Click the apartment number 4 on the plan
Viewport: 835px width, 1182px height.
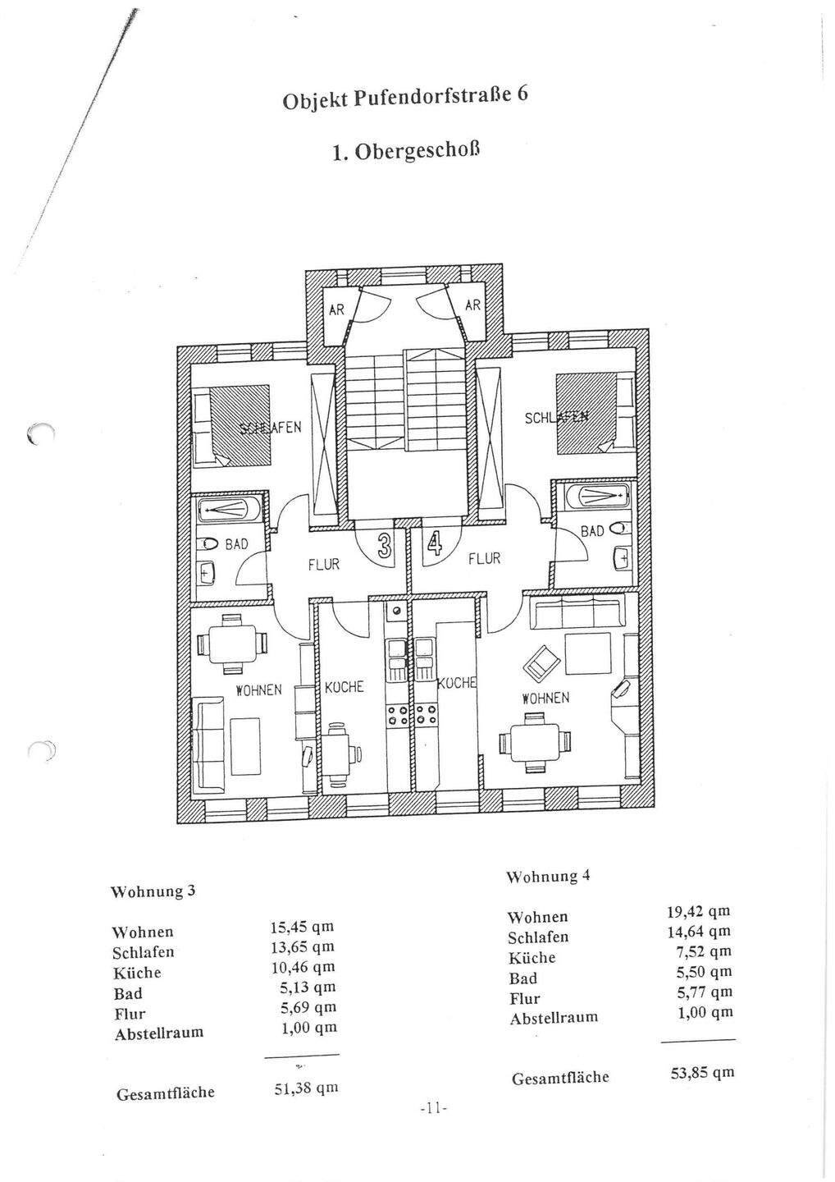tap(434, 546)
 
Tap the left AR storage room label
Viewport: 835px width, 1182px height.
tap(336, 310)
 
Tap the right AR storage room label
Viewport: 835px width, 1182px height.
tap(473, 305)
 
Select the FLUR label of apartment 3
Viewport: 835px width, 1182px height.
tap(323, 566)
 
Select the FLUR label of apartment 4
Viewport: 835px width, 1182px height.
tap(484, 559)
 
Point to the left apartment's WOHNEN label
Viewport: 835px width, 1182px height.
tap(258, 690)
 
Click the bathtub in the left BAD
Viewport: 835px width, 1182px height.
tap(229, 510)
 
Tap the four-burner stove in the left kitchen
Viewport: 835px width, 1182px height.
tap(397, 715)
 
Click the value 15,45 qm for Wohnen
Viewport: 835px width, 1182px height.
tap(301, 928)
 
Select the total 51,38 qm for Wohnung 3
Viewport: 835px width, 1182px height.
tap(305, 1089)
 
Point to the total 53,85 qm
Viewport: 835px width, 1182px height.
tap(702, 1073)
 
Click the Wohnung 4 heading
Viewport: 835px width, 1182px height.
tap(548, 877)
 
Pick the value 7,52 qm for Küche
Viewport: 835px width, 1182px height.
tap(707, 952)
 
